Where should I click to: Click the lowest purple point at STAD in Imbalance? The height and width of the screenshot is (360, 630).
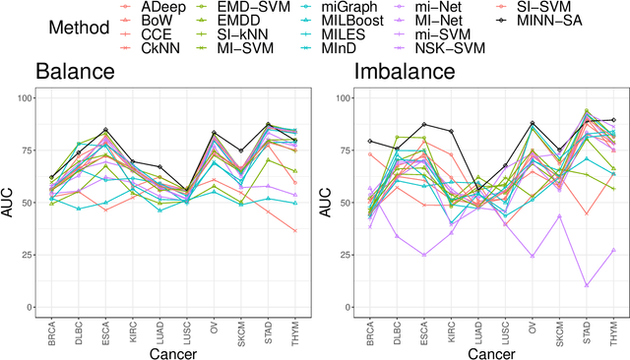click(587, 285)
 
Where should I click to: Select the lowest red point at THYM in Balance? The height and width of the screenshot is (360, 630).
click(294, 230)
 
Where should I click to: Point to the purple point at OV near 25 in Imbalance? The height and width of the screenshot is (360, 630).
click(533, 256)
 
